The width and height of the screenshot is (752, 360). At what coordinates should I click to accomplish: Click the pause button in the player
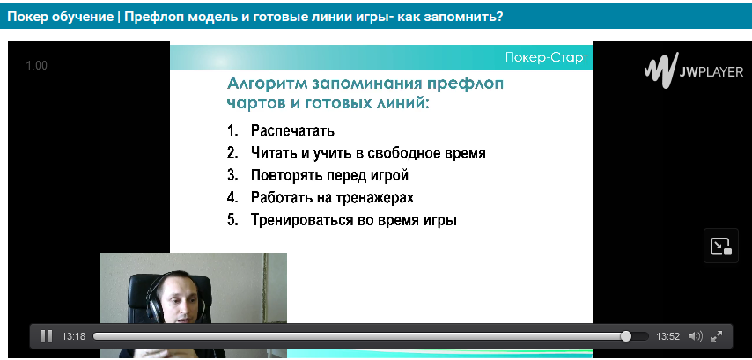47,336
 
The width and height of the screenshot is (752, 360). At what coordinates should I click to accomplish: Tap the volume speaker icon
695,336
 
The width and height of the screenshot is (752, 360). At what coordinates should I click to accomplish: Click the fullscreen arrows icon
717,336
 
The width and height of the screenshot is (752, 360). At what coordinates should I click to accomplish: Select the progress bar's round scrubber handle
626,336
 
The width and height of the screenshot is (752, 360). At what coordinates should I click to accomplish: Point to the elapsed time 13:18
73,336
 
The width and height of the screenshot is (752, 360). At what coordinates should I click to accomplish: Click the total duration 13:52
668,336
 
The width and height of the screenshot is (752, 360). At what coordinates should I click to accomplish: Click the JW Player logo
694,71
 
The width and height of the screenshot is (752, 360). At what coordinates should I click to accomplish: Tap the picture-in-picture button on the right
721,246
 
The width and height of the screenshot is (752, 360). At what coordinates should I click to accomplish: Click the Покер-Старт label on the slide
547,58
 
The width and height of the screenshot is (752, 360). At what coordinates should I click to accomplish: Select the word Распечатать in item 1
292,130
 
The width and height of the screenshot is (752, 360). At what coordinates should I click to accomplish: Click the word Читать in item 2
272,153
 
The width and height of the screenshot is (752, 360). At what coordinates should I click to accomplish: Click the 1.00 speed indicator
36,66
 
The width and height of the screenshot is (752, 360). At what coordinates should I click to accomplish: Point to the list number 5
232,221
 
